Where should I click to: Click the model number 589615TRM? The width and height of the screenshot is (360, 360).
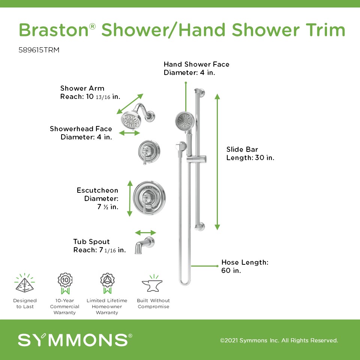[39, 50]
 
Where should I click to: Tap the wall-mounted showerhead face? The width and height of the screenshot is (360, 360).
[130, 120]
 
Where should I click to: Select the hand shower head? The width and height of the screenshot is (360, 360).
[185, 121]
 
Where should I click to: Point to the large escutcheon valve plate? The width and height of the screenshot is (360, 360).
[149, 198]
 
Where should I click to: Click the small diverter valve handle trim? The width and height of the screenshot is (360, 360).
[149, 152]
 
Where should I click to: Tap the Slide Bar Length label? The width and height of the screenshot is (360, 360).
[250, 153]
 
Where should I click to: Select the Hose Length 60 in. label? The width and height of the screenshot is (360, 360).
[245, 266]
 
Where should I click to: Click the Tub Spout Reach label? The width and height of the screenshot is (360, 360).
[99, 246]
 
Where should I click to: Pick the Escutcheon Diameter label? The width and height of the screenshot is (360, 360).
[97, 198]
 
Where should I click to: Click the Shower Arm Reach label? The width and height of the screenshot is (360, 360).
[90, 92]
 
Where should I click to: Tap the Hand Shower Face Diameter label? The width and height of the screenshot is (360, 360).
[196, 68]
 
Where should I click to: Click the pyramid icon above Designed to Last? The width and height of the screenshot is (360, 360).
[25, 283]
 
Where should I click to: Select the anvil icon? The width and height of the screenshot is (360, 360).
[153, 283]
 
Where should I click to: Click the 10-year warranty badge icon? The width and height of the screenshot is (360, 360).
[65, 283]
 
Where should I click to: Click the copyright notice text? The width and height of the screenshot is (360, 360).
[279, 340]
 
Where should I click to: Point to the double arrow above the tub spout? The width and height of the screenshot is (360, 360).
[145, 232]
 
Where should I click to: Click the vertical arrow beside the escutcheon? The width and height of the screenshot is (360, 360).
[130, 198]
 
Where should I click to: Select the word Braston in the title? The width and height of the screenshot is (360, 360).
[54, 30]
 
